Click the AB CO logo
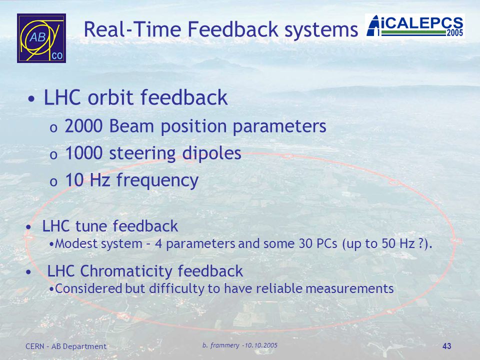(41, 38)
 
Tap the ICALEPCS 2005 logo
(415, 26)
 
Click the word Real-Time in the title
(132, 29)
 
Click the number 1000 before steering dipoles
(83, 153)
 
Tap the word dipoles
(212, 153)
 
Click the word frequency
(157, 180)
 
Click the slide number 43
(447, 346)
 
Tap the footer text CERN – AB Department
(66, 346)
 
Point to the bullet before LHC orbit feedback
(31, 99)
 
